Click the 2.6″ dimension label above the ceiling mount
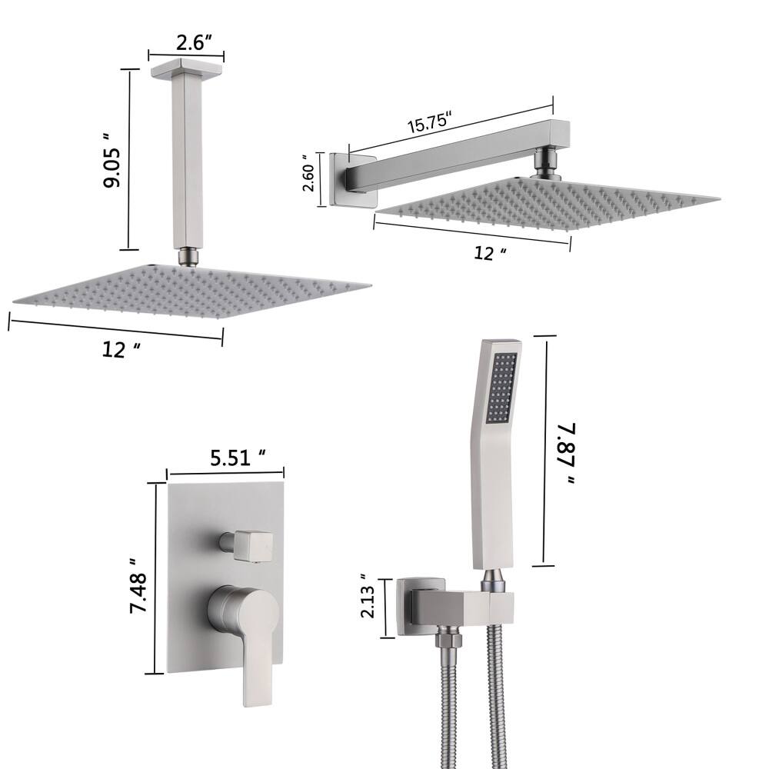pos(193,43)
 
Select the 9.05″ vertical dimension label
pos(112,160)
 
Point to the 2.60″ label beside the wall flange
pos(309,172)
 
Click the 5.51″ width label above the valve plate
pos(238,458)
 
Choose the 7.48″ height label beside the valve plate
pos(138,585)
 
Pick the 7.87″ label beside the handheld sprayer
pos(566,454)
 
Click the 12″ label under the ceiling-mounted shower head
pos(122,350)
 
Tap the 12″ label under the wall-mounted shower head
pos(490,253)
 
